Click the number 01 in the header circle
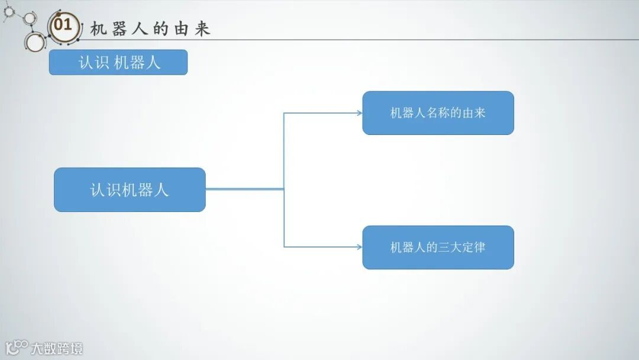pyautogui.click(x=63, y=25)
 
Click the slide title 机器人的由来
pyautogui.click(x=150, y=29)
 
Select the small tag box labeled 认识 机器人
pyautogui.click(x=118, y=62)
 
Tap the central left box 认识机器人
pyautogui.click(x=130, y=189)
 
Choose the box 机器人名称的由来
pyautogui.click(x=438, y=113)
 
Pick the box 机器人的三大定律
pyautogui.click(x=438, y=247)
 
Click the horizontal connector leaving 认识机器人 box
pyautogui.click(x=244, y=189)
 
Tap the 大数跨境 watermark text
pyautogui.click(x=57, y=348)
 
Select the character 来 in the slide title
pyautogui.click(x=202, y=29)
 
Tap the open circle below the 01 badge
pyautogui.click(x=35, y=43)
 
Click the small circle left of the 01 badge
pyautogui.click(x=29, y=18)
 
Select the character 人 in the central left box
pyautogui.click(x=161, y=189)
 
